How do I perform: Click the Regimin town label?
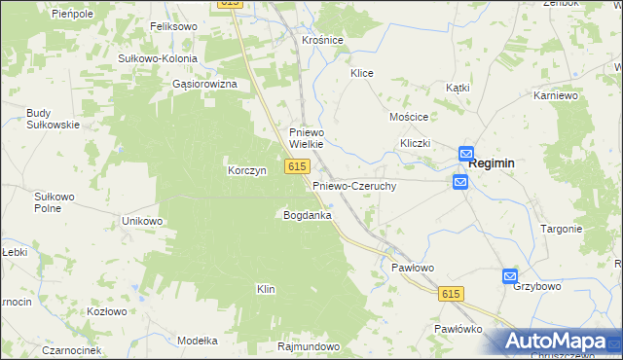coord(492,164)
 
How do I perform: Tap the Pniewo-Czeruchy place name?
coord(354,185)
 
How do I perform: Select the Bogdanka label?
coord(307,214)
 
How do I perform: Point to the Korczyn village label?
coord(246,169)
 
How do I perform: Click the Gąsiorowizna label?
coord(204,85)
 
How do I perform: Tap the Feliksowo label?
coord(174,27)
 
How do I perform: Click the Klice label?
coord(362,73)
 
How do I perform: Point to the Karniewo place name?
coord(557,96)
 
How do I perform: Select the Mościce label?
coord(409,116)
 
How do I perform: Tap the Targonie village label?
coord(561,229)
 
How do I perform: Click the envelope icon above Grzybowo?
coord(510,276)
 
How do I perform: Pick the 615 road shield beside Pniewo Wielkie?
coord(298,167)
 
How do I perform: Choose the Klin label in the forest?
coord(266,289)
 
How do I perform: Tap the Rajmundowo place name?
coord(308,346)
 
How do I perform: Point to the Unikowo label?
coord(141,221)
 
